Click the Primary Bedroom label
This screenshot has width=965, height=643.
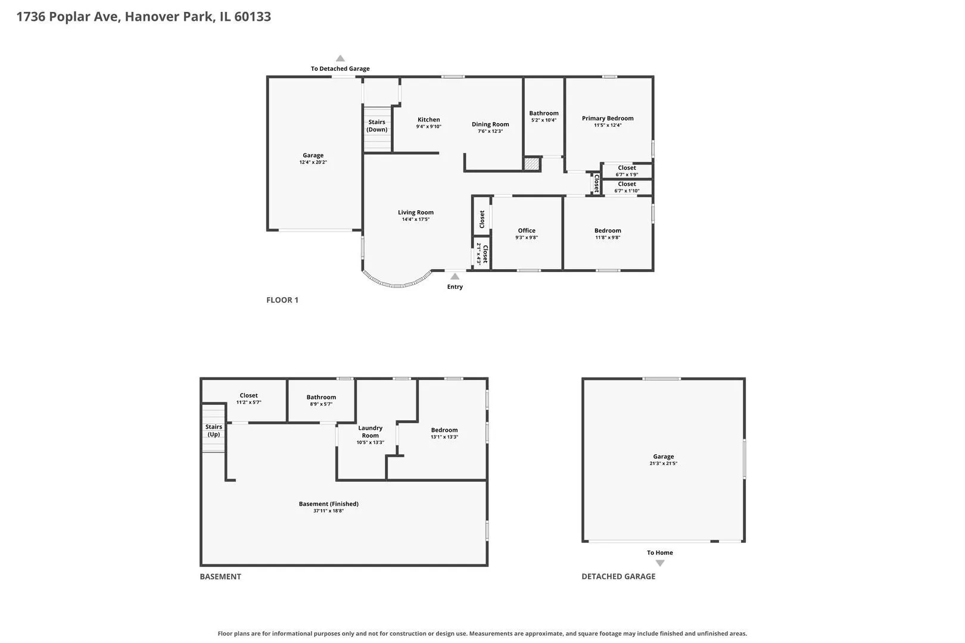[608, 118]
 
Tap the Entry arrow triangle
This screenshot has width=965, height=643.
[455, 276]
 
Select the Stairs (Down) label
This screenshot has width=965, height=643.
[377, 126]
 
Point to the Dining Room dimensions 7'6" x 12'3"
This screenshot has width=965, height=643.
[490, 132]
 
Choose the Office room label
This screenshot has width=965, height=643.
[527, 230]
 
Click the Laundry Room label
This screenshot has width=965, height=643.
[370, 432]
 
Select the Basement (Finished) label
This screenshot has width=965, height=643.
[329, 504]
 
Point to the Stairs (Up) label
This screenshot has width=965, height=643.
[214, 430]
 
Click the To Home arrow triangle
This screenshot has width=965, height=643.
[660, 563]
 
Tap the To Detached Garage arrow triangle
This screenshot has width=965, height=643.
[340, 58]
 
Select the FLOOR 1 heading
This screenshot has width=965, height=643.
[282, 299]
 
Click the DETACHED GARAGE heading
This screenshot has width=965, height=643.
[618, 576]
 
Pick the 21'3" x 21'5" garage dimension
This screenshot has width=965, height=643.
[664, 463]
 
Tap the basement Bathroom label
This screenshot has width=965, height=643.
[321, 397]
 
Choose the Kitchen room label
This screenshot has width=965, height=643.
[429, 120]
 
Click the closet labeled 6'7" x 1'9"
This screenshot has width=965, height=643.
[627, 171]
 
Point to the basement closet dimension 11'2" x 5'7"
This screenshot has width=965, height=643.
[248, 402]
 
